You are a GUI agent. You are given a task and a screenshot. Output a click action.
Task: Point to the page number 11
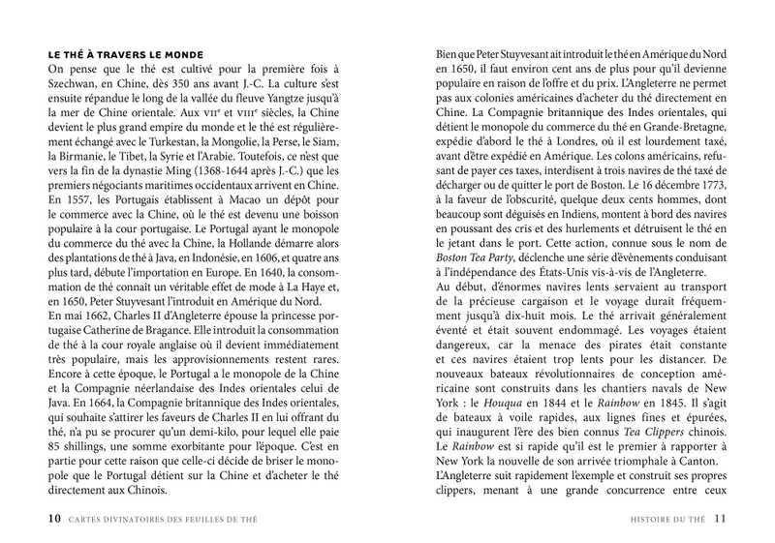point(720,518)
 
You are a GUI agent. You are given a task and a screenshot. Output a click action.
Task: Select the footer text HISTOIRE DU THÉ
point(669,518)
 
